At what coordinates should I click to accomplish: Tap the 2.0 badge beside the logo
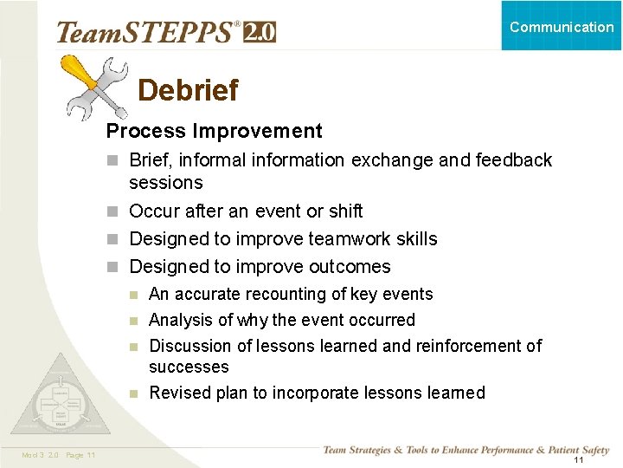click(x=260, y=32)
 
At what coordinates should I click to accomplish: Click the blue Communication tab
click(x=562, y=26)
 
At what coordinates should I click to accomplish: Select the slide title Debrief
click(x=188, y=90)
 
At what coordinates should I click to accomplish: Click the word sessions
click(x=165, y=183)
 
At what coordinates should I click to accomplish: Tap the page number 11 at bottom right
click(x=579, y=459)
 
